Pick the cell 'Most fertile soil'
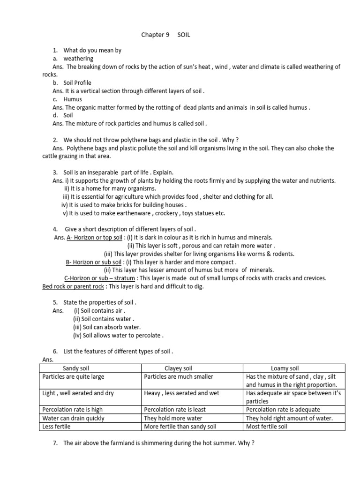(267, 427)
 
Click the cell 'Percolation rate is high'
(73, 410)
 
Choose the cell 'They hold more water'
(173, 418)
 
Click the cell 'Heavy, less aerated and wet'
(181, 393)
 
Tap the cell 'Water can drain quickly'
(74, 418)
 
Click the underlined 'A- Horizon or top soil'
(94, 238)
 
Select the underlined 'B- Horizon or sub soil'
(94, 262)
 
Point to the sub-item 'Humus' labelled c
(73, 99)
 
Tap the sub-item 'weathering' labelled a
(78, 59)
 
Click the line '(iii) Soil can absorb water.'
(107, 327)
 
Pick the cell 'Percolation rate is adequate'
(277, 410)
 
